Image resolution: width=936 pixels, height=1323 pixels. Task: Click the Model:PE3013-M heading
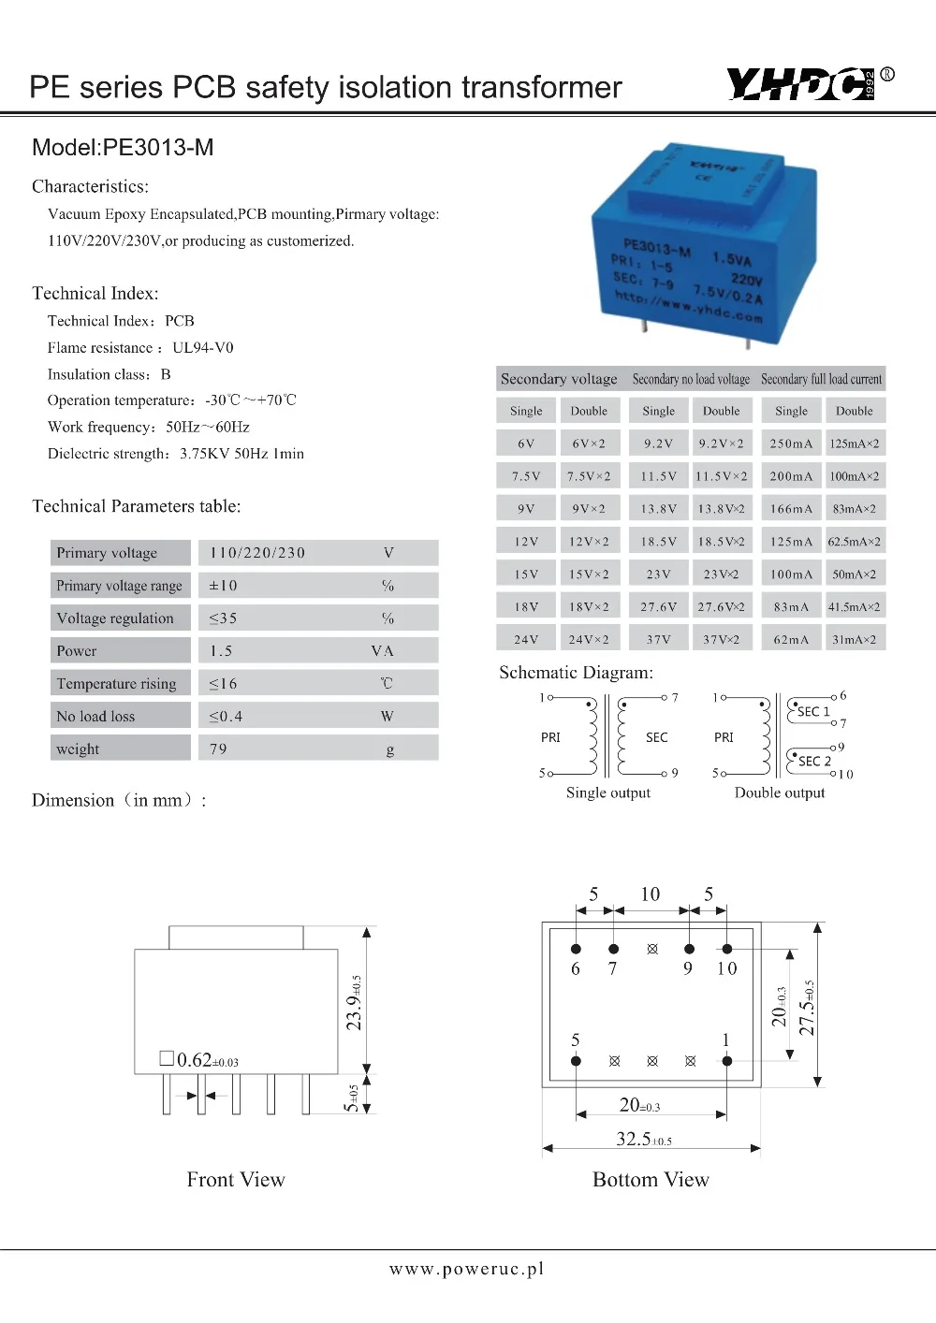(123, 148)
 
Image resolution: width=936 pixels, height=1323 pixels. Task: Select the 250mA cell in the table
(791, 443)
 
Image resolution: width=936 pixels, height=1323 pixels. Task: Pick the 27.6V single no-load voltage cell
(658, 607)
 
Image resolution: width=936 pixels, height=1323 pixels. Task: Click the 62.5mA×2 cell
(854, 542)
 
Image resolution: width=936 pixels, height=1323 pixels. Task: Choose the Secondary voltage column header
(559, 379)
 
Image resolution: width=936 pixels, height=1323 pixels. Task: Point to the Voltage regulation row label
(115, 618)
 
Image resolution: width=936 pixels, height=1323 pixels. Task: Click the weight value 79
(218, 749)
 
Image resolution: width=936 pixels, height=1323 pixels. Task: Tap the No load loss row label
(95, 717)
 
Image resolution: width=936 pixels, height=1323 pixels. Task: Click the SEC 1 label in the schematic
(813, 712)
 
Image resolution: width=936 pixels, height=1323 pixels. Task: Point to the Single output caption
(607, 792)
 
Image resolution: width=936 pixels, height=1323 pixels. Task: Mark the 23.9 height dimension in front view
(354, 1003)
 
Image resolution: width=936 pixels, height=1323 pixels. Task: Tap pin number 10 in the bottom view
(726, 969)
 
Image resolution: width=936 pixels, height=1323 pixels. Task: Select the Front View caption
(236, 1180)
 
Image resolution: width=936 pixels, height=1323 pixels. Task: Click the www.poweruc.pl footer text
(466, 1269)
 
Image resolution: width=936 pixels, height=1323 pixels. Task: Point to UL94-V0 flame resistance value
(203, 348)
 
